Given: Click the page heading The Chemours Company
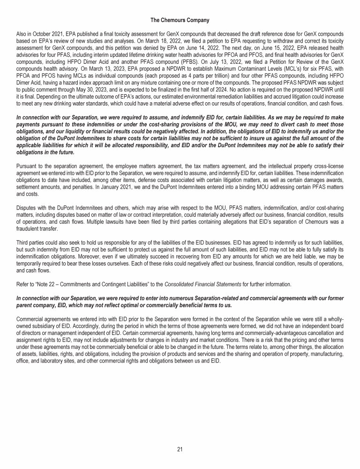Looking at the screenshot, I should click(x=180, y=20).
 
